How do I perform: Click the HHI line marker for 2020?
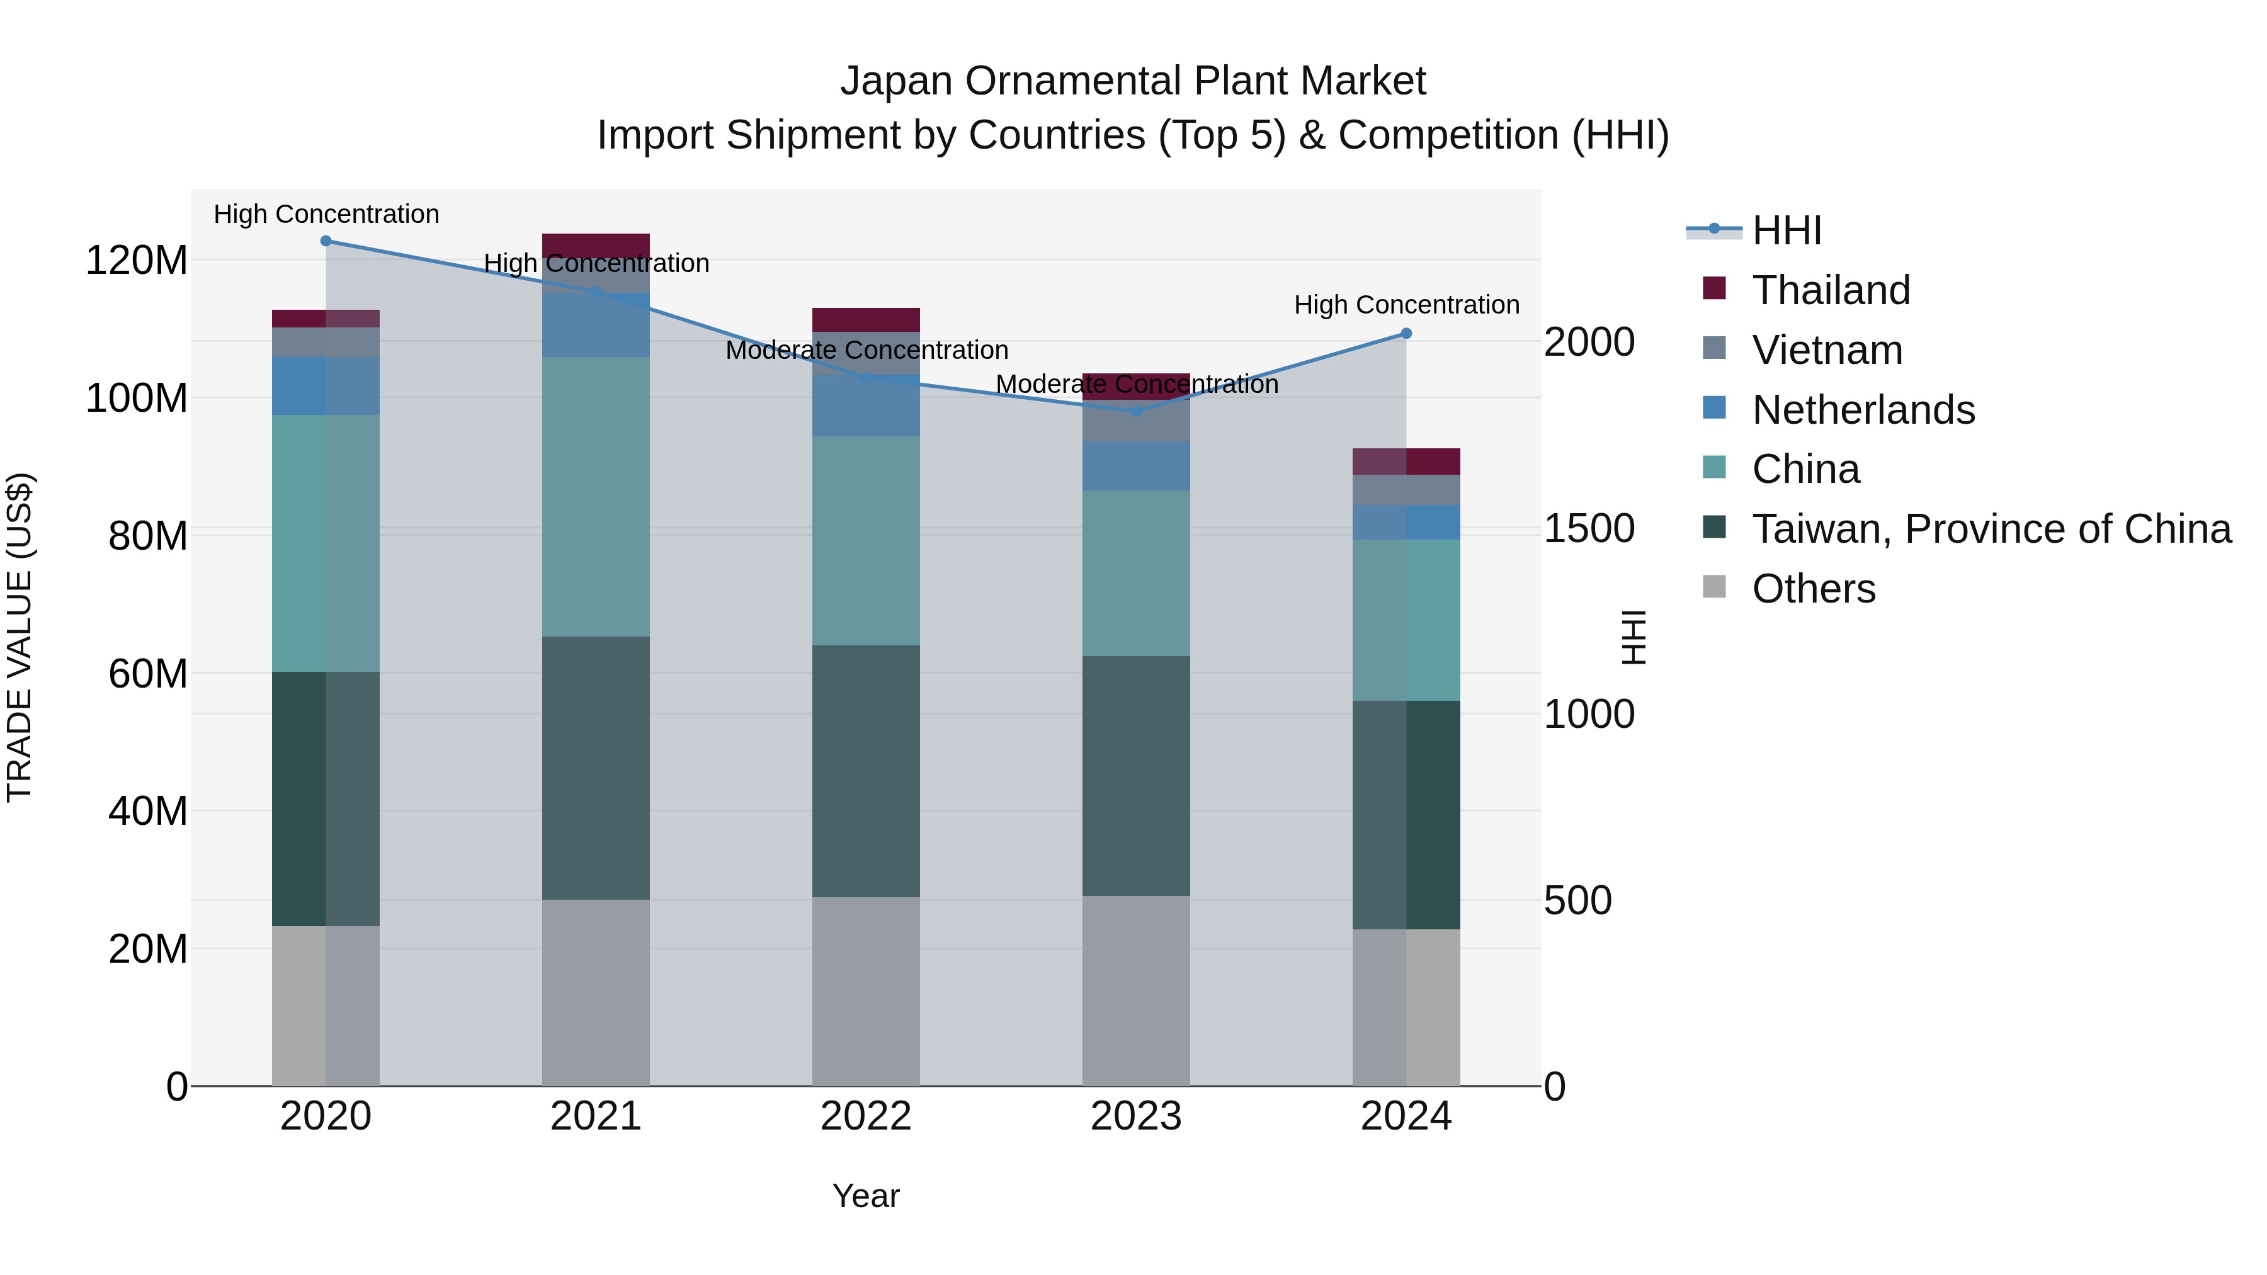pyautogui.click(x=326, y=241)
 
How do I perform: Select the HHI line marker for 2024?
pyautogui.click(x=1406, y=334)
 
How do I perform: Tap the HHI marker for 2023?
pyautogui.click(x=1135, y=411)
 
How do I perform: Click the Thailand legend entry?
pyautogui.click(x=1831, y=290)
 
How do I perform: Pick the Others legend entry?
pyautogui.click(x=1813, y=589)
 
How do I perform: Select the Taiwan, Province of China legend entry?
pyautogui.click(x=1991, y=529)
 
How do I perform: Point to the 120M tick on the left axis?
pyautogui.click(x=137, y=261)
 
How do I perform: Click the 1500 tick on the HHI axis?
pyautogui.click(x=1589, y=528)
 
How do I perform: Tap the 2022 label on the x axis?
pyautogui.click(x=865, y=1116)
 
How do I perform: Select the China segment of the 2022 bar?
pyautogui.click(x=865, y=540)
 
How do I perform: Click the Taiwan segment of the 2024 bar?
pyautogui.click(x=1406, y=814)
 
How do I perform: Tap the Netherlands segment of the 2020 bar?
pyautogui.click(x=326, y=385)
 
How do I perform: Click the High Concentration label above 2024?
pyautogui.click(x=1406, y=305)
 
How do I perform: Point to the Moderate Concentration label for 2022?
pyautogui.click(x=866, y=350)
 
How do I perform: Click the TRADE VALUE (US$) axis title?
pyautogui.click(x=20, y=637)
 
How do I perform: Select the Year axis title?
pyautogui.click(x=865, y=1196)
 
